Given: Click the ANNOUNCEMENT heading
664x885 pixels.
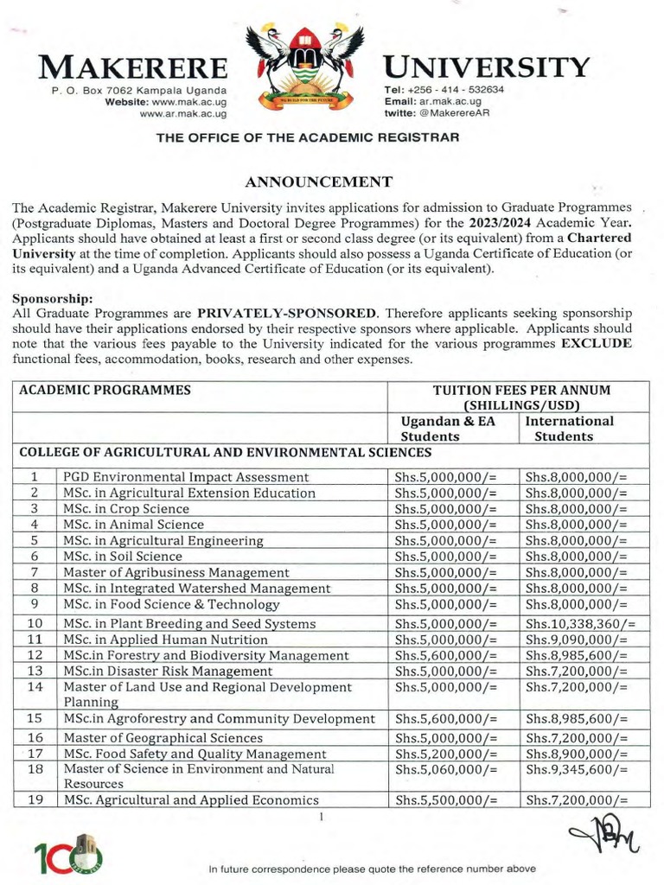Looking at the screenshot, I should [x=319, y=181].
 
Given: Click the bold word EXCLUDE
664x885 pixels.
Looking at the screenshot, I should [x=597, y=343].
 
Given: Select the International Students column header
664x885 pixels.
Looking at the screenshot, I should [x=569, y=428].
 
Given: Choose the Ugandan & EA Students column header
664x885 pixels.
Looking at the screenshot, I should [x=439, y=428].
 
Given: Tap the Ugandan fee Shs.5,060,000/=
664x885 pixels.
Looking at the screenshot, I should [x=446, y=768].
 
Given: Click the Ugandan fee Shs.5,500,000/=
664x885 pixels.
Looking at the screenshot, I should [x=446, y=799].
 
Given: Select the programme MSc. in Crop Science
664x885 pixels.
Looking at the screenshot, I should [x=125, y=508].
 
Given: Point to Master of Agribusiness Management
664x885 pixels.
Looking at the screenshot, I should [x=176, y=572].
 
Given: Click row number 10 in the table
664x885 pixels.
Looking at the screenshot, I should [x=35, y=623].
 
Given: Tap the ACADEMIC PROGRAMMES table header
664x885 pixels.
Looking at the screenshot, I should [x=105, y=390].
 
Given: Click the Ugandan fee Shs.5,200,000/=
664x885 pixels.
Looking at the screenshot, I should [x=446, y=754].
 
